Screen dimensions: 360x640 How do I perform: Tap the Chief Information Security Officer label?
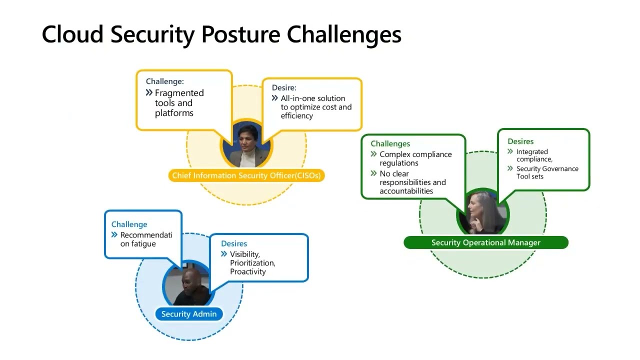[x=246, y=175]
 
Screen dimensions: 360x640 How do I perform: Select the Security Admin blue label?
[x=189, y=314]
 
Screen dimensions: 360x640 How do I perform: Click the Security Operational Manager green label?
[x=485, y=242]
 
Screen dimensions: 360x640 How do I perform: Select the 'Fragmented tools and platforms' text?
[x=179, y=103]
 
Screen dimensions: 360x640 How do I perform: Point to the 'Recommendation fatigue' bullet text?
[x=145, y=239]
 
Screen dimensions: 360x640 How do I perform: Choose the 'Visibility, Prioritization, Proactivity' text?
[x=252, y=263]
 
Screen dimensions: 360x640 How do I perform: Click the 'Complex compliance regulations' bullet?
[x=415, y=158]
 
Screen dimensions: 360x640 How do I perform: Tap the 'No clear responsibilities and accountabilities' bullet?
[x=412, y=182]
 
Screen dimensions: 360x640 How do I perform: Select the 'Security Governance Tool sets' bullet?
[x=546, y=172]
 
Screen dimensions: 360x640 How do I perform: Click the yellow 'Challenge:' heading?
[x=164, y=81]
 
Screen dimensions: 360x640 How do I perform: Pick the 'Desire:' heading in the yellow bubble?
[x=284, y=87]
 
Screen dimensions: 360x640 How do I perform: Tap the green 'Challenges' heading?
[x=390, y=143]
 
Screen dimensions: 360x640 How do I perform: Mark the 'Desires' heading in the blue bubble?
[x=234, y=243]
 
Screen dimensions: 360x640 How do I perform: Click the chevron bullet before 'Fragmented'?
[x=149, y=92]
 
